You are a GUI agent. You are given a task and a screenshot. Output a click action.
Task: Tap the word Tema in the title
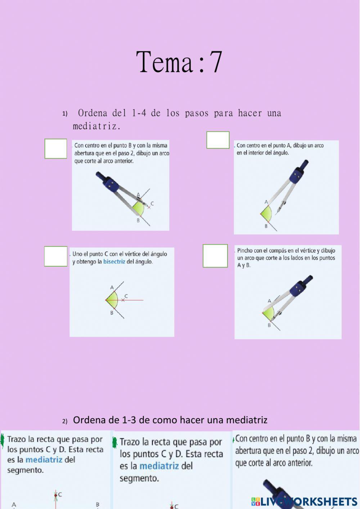coord(165,62)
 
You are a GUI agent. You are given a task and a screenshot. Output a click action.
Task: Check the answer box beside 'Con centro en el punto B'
coord(56,149)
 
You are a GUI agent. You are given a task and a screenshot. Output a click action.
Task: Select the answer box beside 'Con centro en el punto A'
coord(218,140)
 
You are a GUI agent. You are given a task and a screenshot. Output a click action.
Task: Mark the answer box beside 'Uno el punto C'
coord(56,256)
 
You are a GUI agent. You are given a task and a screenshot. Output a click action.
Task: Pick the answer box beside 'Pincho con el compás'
coord(215,256)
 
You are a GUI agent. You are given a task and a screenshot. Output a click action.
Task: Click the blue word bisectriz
coord(114,262)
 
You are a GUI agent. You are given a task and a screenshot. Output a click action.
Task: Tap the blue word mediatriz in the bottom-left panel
coord(44,460)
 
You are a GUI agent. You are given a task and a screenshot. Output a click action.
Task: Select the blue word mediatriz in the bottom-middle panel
coord(159,466)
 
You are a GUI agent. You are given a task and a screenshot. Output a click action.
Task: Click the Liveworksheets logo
coord(304,501)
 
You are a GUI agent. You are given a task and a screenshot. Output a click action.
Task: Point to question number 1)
coord(65,114)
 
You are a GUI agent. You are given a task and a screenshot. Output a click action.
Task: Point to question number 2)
coord(65,421)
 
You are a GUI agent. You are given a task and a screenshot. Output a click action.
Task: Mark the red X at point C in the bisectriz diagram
coord(123,300)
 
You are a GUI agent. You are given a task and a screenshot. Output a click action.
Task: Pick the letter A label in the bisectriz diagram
coord(112,287)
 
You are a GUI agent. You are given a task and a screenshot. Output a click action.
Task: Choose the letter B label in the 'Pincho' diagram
coord(269,325)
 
